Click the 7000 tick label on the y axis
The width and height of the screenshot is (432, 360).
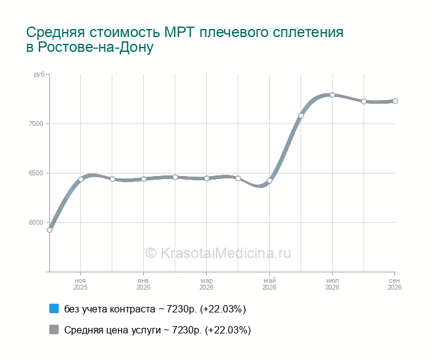click(x=36, y=123)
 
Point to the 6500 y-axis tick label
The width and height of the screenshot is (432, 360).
click(x=36, y=173)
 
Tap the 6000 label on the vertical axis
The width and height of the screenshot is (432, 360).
click(x=36, y=222)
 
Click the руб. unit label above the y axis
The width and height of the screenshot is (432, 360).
click(x=39, y=75)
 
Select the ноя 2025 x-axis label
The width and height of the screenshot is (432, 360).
click(x=80, y=284)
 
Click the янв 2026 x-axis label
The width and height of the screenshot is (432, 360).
click(x=143, y=284)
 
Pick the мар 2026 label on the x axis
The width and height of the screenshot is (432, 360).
click(x=206, y=284)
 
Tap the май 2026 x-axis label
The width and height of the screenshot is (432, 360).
click(x=269, y=284)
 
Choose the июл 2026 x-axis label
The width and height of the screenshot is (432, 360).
click(x=332, y=284)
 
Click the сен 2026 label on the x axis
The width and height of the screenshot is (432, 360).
click(x=394, y=284)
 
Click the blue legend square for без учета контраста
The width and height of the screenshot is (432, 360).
click(x=54, y=309)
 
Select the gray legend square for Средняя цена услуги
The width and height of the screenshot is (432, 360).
click(x=54, y=329)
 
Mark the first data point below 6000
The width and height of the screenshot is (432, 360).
click(x=49, y=230)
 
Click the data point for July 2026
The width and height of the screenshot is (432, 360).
click(x=332, y=95)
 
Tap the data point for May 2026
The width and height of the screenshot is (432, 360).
click(x=270, y=180)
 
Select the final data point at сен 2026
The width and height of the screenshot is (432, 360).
click(x=395, y=101)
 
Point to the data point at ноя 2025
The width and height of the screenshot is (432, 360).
click(x=81, y=179)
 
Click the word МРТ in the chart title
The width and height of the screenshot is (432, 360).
click(x=180, y=32)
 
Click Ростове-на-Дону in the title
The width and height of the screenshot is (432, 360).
click(x=95, y=47)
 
